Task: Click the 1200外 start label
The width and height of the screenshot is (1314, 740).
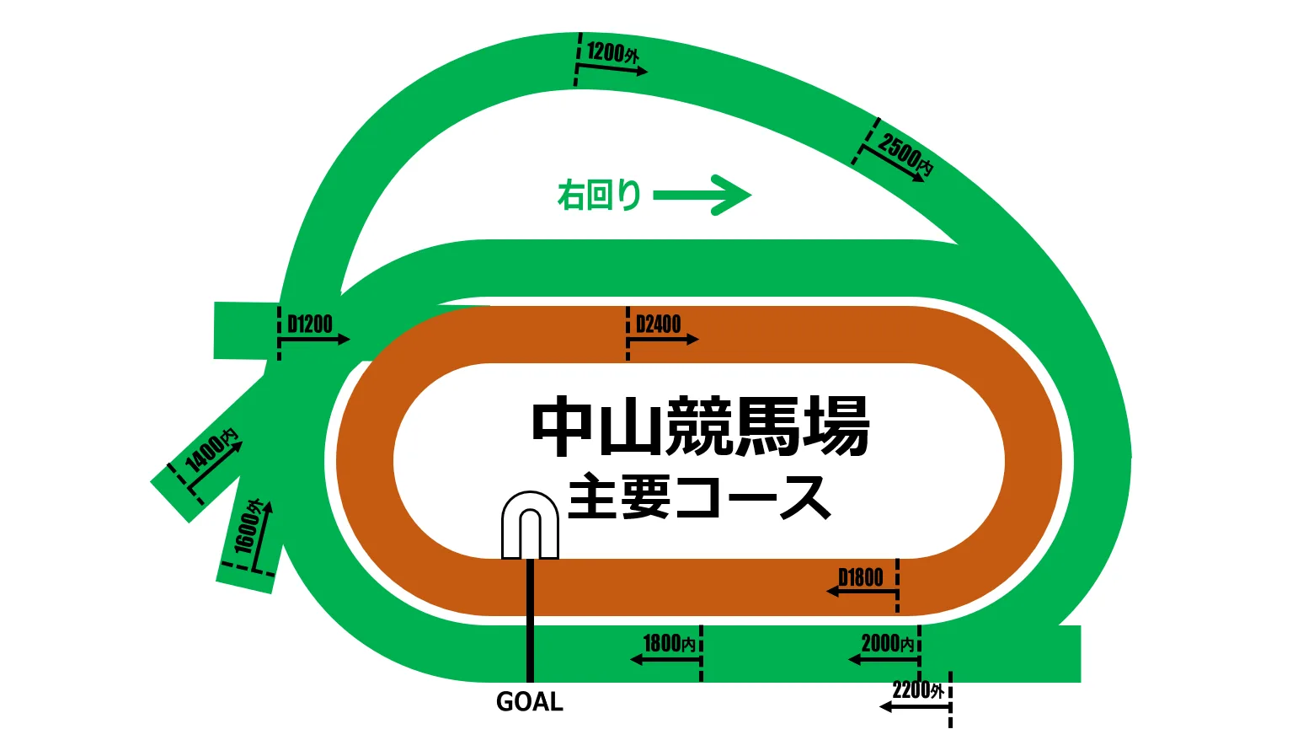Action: pos(612,52)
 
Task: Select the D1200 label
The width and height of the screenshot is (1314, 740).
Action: pos(310,324)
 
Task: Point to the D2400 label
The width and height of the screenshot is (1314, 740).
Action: pos(658,324)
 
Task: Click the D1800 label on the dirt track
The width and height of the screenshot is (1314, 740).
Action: pos(861,577)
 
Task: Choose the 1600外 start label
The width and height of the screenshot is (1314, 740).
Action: pos(248,527)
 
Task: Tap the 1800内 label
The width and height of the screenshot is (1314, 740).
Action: pos(670,643)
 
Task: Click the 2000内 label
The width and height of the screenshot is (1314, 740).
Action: pos(887,643)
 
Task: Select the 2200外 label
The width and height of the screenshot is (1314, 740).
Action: pos(918,690)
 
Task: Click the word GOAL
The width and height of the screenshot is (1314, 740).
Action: pos(530,702)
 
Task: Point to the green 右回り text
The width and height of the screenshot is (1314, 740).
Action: pos(599,196)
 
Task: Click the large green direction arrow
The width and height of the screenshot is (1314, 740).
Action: pos(702,196)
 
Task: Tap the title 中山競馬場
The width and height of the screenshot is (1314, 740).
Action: pos(701,427)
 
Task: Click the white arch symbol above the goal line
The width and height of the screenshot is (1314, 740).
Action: pos(530,524)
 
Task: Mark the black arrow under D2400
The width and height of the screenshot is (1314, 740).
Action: pos(664,340)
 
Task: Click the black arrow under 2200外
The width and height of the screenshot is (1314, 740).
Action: pos(915,706)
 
